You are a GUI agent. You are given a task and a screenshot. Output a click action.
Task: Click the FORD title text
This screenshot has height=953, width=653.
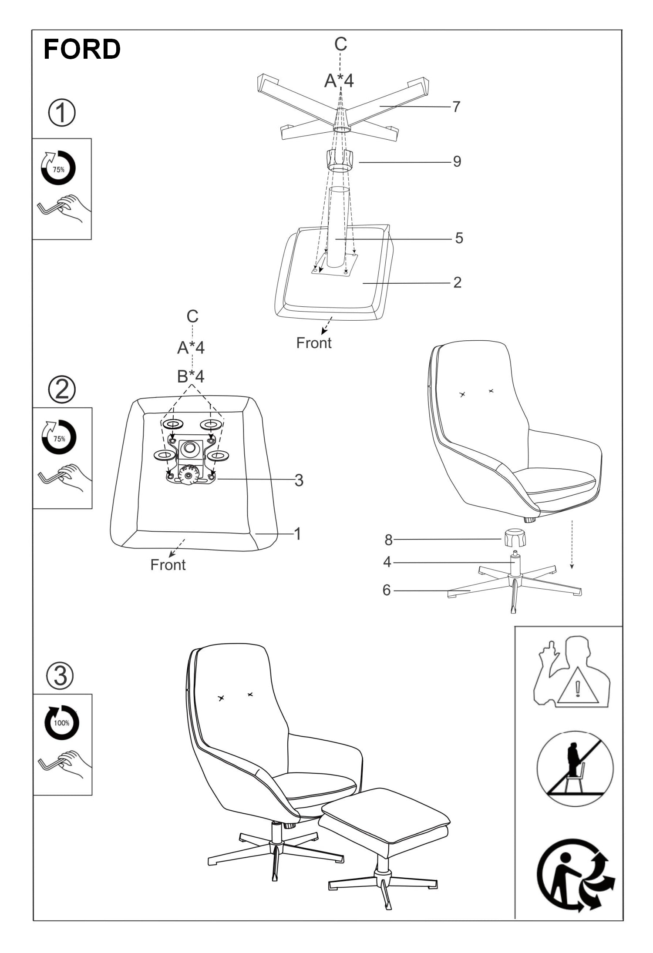click(x=82, y=49)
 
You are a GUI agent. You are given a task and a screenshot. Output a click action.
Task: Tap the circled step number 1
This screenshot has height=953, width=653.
click(x=61, y=113)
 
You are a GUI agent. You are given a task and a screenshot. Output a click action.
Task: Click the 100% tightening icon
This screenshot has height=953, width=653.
click(x=62, y=722)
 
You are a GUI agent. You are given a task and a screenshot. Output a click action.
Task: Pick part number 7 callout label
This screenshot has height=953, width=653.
click(x=456, y=107)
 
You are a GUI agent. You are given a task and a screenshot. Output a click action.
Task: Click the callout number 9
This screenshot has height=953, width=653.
click(x=457, y=161)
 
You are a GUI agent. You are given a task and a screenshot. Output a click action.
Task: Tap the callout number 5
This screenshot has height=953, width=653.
click(x=459, y=238)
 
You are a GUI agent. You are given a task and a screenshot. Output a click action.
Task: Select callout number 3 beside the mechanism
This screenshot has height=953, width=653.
click(x=299, y=480)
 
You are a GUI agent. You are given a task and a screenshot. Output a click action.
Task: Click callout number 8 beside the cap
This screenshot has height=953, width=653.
click(x=388, y=540)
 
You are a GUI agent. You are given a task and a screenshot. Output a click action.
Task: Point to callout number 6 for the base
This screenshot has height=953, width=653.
click(x=387, y=590)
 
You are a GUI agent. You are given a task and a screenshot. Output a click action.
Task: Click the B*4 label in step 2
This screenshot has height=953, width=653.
click(x=191, y=376)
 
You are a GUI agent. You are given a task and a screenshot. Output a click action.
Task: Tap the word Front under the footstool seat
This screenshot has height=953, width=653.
click(x=314, y=343)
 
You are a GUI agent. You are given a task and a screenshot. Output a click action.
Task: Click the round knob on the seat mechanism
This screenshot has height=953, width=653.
click(x=188, y=475)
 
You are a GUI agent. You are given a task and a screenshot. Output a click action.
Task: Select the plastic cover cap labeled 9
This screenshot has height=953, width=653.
click(x=340, y=161)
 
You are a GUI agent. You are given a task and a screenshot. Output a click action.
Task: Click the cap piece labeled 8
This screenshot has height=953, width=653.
click(x=515, y=538)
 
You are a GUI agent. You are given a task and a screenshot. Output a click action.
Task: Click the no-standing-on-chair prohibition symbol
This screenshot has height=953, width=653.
click(x=575, y=769)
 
